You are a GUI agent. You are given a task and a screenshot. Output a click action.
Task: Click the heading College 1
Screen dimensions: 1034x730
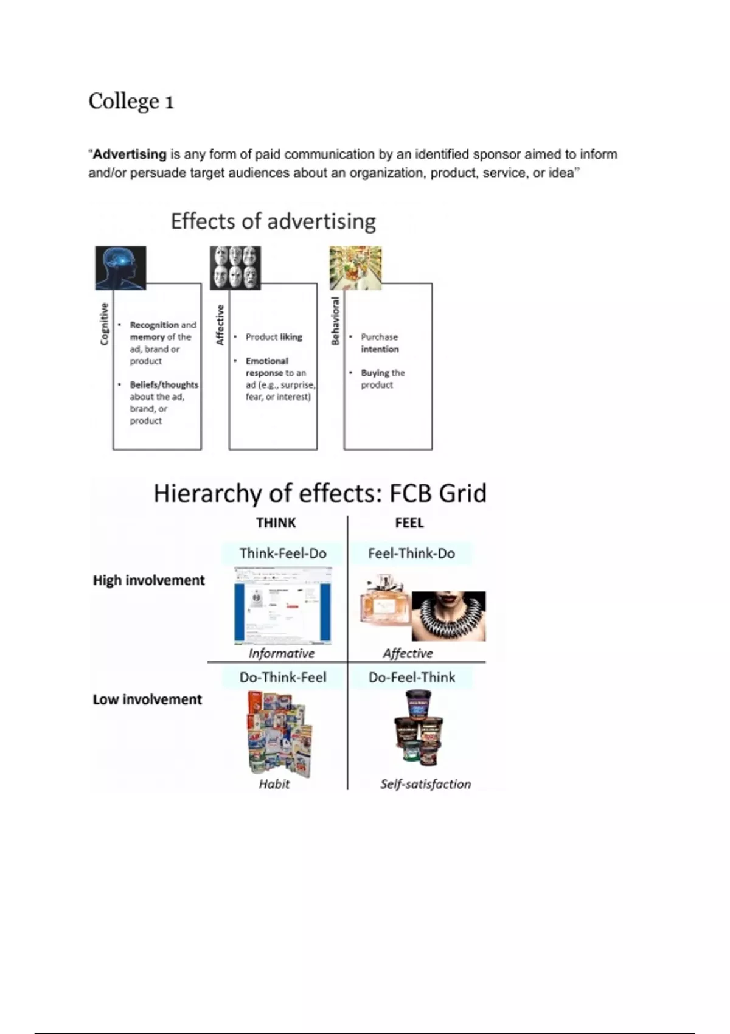[x=131, y=101]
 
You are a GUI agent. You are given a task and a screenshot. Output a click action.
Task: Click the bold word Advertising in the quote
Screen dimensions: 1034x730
[x=130, y=154]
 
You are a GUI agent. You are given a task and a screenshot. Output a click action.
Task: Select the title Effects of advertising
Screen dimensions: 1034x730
[x=273, y=221]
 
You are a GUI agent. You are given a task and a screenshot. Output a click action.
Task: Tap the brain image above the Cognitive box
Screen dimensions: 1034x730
[x=120, y=268]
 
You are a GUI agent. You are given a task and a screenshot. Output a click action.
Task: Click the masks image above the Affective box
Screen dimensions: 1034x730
[x=235, y=268]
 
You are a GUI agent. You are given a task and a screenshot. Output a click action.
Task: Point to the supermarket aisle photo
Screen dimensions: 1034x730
[x=355, y=268]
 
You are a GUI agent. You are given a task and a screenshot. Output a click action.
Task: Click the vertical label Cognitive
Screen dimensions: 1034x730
[x=104, y=324]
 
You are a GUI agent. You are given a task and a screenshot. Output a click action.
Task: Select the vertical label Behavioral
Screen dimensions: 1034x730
[x=335, y=321]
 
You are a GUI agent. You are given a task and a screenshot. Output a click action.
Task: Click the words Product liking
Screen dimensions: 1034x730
[x=274, y=337]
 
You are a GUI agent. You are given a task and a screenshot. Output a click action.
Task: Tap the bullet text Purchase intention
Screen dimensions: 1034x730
[x=380, y=343]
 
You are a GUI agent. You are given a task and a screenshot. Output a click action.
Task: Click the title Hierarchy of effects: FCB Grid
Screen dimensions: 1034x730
[x=320, y=493]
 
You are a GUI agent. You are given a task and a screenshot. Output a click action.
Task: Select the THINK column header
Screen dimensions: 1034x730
[x=276, y=523]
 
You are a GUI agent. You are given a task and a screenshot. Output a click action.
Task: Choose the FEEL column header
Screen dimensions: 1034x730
[x=409, y=523]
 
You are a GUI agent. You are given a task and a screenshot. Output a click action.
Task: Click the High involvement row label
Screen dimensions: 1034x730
[x=148, y=580]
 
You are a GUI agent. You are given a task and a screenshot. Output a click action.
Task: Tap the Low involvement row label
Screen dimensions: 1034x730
[x=147, y=699]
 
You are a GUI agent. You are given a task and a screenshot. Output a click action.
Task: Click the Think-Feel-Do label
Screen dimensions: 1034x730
[x=283, y=553]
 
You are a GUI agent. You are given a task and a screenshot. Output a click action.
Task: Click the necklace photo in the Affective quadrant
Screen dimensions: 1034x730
[x=449, y=616]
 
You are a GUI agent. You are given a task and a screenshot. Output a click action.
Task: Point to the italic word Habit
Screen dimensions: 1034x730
[x=274, y=784]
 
